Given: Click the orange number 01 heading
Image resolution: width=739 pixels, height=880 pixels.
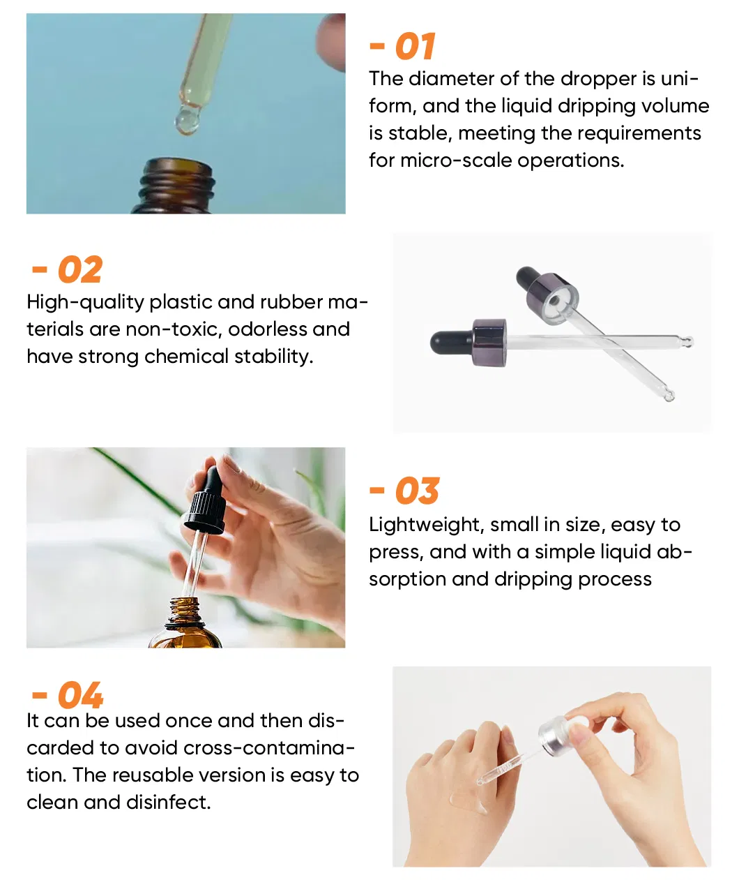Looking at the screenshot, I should [415, 47].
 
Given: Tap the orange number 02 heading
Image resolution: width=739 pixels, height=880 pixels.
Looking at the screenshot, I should [79, 270].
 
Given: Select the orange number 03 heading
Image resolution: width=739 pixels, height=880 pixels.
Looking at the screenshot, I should [416, 491].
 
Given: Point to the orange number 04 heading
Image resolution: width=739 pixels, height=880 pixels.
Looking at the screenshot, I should [79, 696].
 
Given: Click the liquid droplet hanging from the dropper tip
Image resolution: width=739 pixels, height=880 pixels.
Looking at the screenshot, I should [187, 120].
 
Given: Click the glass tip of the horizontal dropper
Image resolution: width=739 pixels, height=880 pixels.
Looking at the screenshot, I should [687, 342].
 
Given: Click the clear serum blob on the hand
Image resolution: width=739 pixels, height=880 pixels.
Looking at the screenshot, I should [469, 801].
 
